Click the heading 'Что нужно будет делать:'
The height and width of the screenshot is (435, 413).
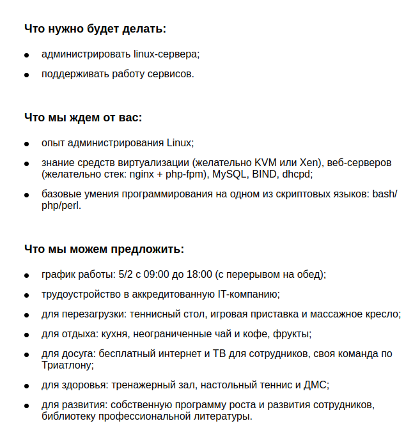point(95,29)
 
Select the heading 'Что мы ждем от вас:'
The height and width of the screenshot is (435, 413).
point(83,118)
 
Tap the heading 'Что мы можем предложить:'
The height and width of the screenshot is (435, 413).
point(104,249)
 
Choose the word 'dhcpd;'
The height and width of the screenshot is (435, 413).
point(298,173)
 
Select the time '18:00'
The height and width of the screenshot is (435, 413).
point(199,275)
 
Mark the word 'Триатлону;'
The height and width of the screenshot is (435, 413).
point(68,365)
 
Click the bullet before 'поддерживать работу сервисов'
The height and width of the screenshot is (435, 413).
point(27,75)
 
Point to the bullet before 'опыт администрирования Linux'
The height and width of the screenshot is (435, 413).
point(27,143)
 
